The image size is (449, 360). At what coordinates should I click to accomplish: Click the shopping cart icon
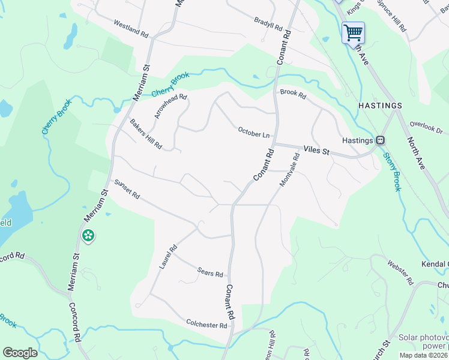pyautogui.click(x=353, y=31)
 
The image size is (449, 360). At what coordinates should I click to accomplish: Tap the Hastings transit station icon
pyautogui.click(x=380, y=140)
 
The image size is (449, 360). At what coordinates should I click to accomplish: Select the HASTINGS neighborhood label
pyautogui.click(x=379, y=106)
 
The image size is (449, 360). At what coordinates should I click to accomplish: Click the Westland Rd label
pyautogui.click(x=131, y=27)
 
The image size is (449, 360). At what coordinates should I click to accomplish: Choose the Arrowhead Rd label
pyautogui.click(x=170, y=106)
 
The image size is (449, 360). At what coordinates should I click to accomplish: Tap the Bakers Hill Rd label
pyautogui.click(x=146, y=134)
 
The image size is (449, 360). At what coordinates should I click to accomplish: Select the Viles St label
pyautogui.click(x=317, y=150)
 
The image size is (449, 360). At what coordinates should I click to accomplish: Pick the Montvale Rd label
pyautogui.click(x=289, y=170)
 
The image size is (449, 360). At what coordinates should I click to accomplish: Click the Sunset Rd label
pyautogui.click(x=127, y=188)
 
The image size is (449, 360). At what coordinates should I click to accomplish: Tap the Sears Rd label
pyautogui.click(x=210, y=272)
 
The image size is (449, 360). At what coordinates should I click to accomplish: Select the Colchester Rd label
pyautogui.click(x=206, y=324)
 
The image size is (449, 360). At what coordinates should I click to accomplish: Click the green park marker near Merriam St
pyautogui.click(x=88, y=235)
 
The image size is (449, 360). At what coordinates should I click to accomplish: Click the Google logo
pyautogui.click(x=20, y=353)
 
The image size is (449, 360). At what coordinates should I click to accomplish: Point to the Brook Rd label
pyautogui.click(x=293, y=94)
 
